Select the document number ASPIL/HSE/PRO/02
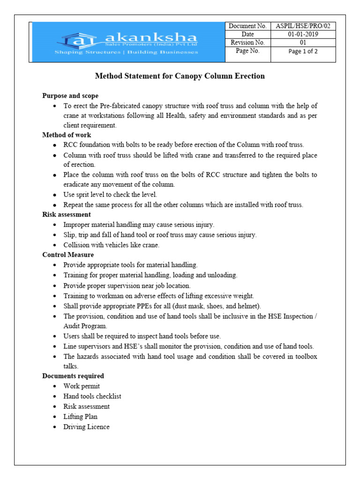point(303,26)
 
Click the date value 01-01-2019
point(303,35)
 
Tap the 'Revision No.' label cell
point(248,43)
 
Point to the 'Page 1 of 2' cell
point(303,52)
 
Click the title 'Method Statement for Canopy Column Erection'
point(180,76)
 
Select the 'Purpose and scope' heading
point(70,96)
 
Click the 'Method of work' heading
point(67,135)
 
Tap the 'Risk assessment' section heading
point(67,215)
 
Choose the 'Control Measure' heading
point(68,255)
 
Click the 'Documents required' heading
point(73,376)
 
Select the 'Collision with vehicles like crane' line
point(112,245)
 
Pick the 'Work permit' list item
point(82,386)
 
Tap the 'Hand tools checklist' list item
point(92,396)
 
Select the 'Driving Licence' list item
point(86,427)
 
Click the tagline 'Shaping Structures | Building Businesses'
point(126,52)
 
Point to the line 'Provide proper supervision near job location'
point(127,285)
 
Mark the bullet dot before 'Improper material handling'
point(55,225)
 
